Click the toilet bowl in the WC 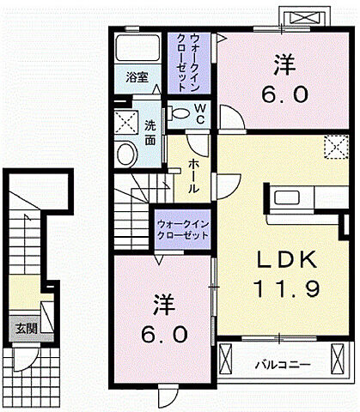[x=180, y=113]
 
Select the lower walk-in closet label [x=183, y=229]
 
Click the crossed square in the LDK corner [x=333, y=146]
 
